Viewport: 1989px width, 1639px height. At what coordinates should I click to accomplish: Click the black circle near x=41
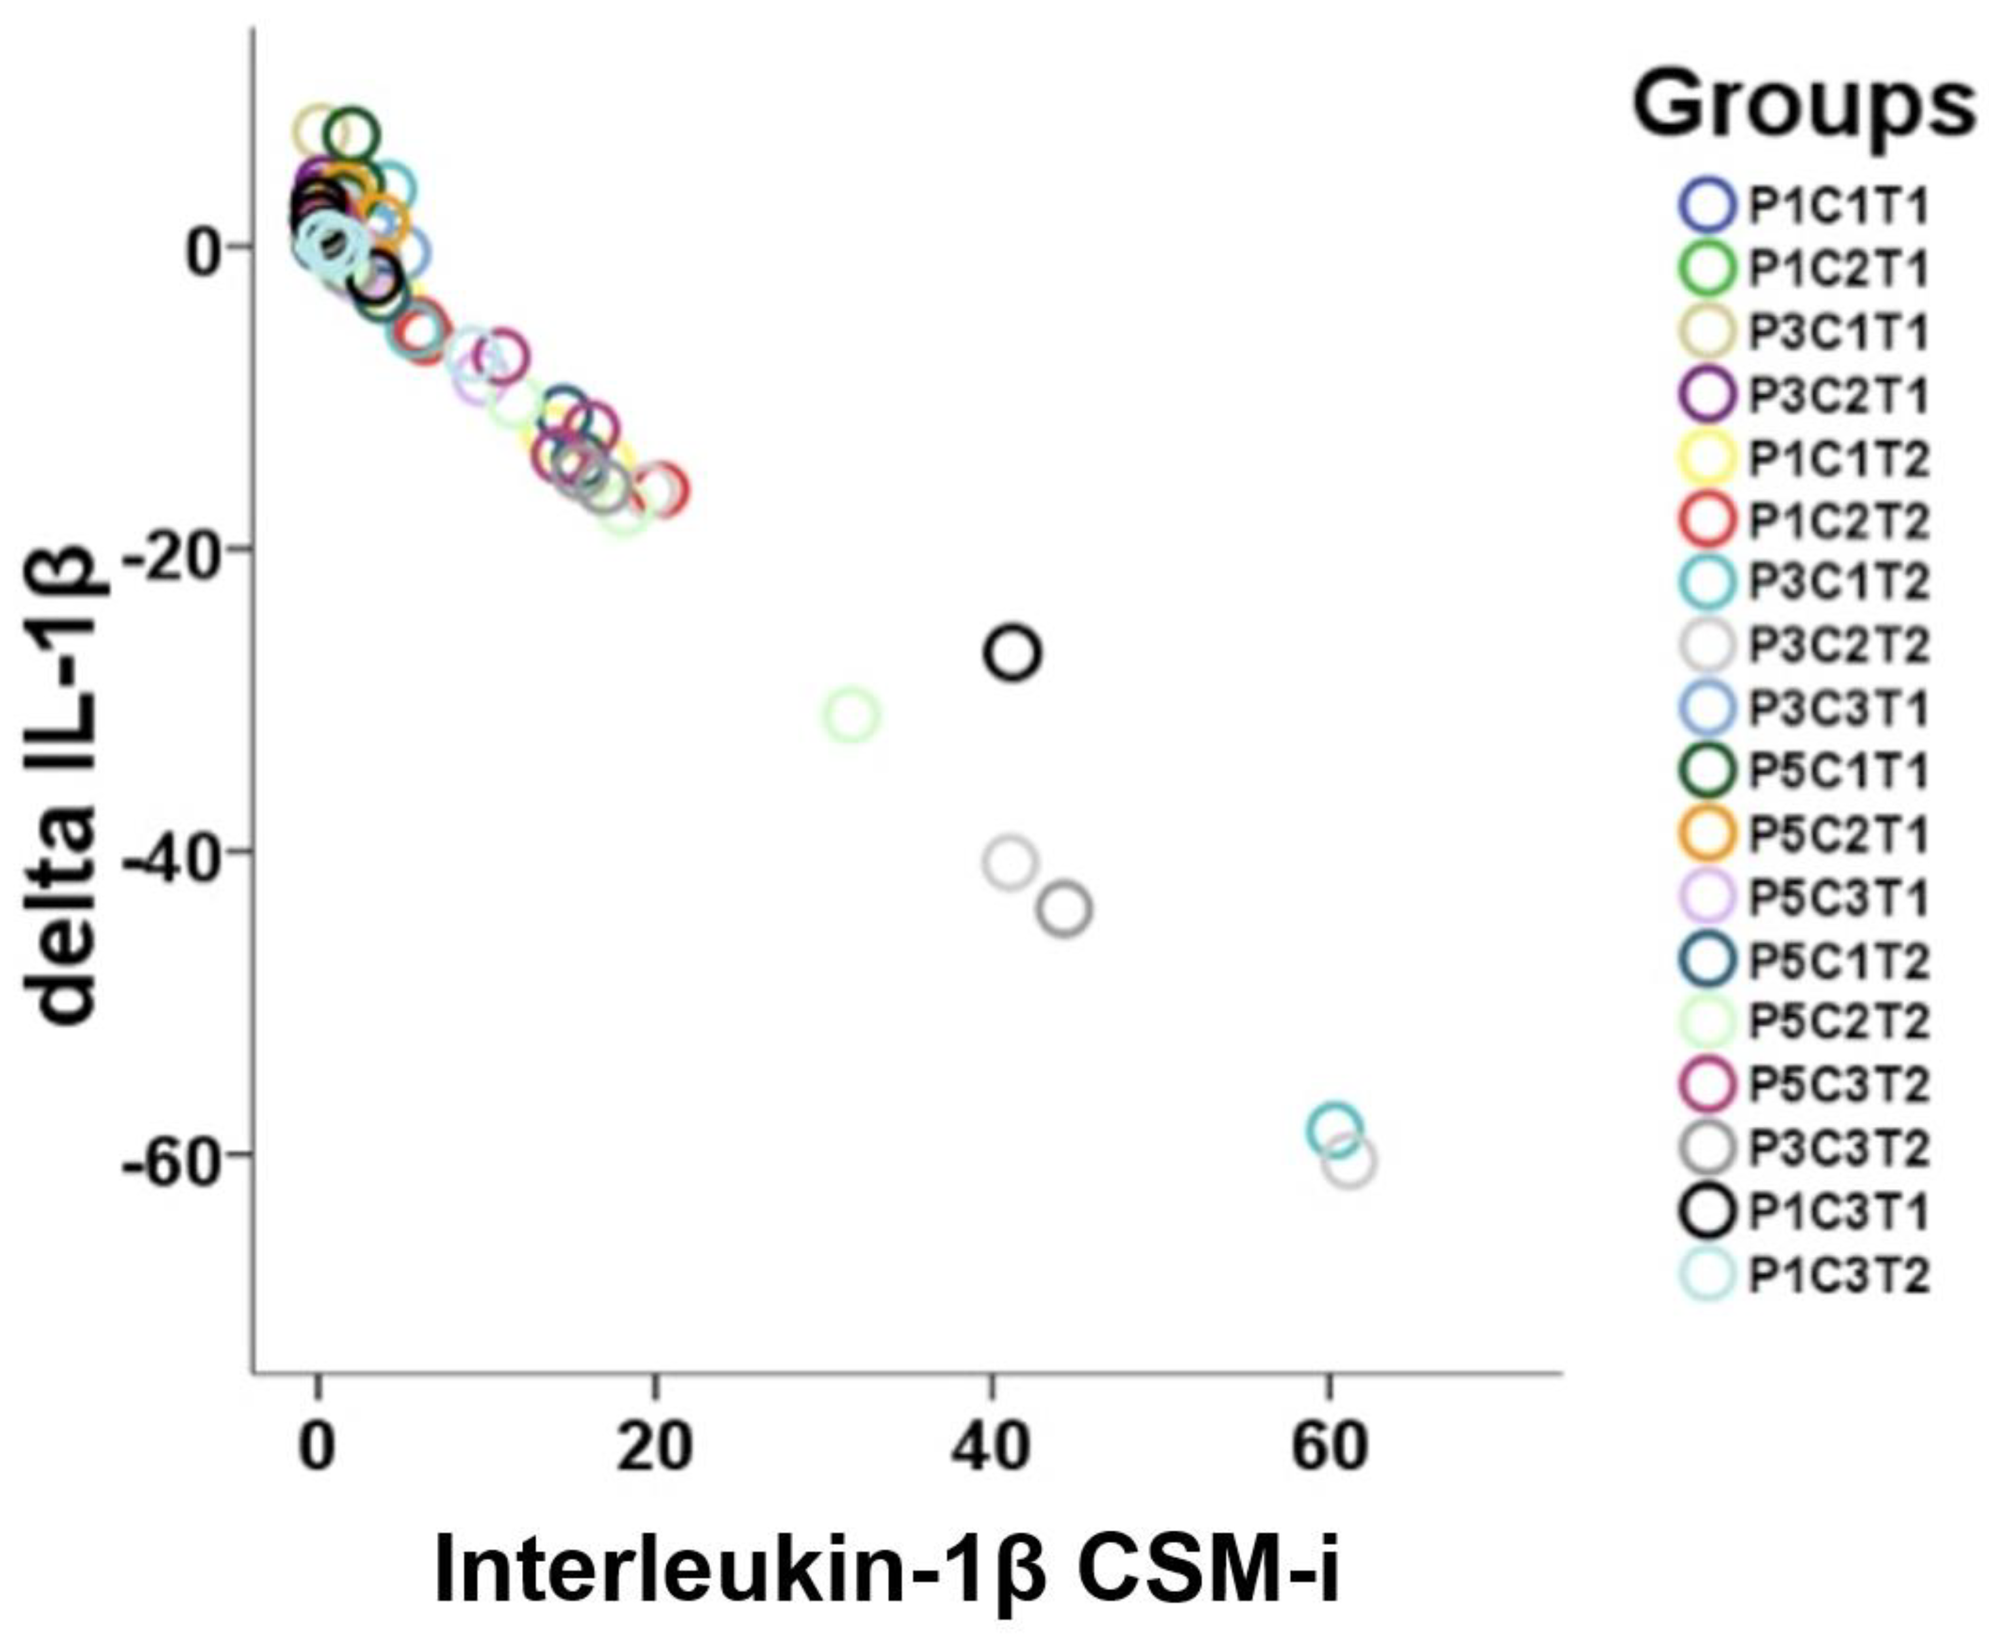coord(1012,652)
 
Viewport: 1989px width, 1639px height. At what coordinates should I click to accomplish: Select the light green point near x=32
coord(852,715)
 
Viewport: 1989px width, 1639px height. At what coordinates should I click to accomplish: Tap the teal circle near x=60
coord(1333,1129)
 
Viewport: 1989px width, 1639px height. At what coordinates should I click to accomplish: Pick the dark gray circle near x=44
coord(1065,909)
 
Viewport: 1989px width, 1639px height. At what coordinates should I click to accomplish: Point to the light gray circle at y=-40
coord(1010,862)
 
